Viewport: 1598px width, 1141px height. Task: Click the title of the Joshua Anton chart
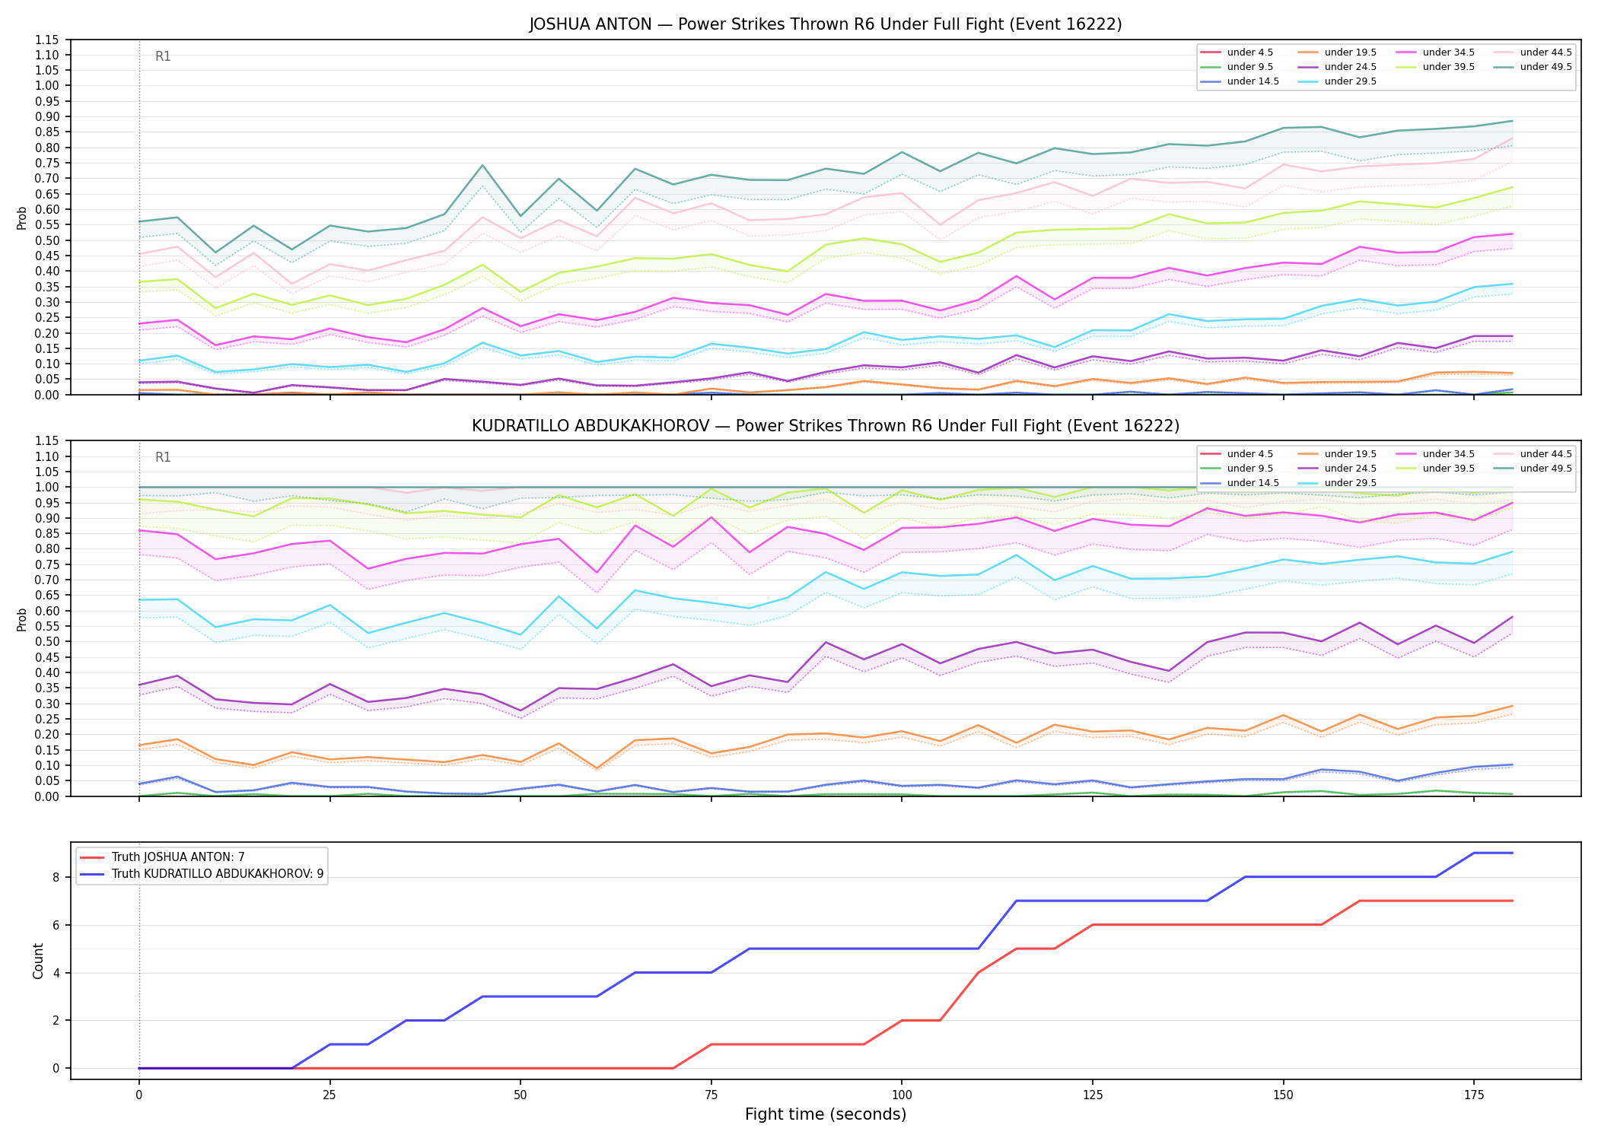coord(826,24)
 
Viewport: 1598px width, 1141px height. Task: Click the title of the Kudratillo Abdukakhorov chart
coord(826,426)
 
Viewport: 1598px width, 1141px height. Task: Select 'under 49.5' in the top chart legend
coord(1545,67)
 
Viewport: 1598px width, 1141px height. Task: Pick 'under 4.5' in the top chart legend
coord(1249,52)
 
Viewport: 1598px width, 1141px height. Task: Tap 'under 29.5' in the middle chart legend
coord(1350,483)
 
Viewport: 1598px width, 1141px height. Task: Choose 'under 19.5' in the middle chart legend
coord(1350,454)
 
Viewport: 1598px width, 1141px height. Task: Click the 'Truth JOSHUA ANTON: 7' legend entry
coord(178,857)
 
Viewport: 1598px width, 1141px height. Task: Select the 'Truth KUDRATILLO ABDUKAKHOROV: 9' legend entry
coord(218,874)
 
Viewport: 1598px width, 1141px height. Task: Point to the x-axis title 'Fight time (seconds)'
coord(826,1114)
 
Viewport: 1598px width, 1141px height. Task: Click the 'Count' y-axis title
coord(38,961)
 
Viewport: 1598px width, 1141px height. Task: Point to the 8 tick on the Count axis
coord(56,877)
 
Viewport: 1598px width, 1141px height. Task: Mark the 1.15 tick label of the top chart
coord(46,40)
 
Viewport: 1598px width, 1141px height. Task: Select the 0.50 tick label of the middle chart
coord(46,641)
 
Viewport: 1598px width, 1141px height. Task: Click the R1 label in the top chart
coord(163,56)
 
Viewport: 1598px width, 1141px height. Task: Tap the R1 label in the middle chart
coord(163,457)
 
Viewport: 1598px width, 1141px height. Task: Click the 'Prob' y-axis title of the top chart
coord(22,218)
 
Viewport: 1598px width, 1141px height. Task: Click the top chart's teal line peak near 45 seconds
coord(482,165)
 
